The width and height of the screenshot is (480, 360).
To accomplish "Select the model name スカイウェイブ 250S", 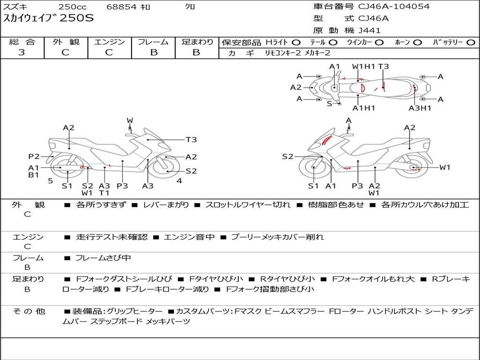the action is pos(49,19).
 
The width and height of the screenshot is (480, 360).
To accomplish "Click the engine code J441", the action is pos(370,30).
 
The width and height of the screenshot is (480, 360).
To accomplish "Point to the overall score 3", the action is pos(22,52).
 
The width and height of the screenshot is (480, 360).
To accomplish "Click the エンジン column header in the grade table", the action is pos(109,42).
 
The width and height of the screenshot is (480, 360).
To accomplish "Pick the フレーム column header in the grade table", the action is pos(153,42).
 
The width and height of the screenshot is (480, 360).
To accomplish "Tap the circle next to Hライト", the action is pos(297,42).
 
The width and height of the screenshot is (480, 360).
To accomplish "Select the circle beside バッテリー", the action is pos(471,42).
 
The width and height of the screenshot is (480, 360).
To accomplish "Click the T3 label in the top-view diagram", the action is pos(383,67).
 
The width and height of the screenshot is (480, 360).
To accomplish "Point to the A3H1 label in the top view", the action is pos(420,108).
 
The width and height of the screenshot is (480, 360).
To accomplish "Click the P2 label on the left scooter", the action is pos(34,157).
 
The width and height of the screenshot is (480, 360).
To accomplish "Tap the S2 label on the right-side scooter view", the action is pos(287,157).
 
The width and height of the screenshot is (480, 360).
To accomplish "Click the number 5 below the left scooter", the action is pos(50,180).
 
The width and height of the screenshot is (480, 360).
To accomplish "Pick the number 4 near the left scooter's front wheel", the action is pos(179,180).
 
